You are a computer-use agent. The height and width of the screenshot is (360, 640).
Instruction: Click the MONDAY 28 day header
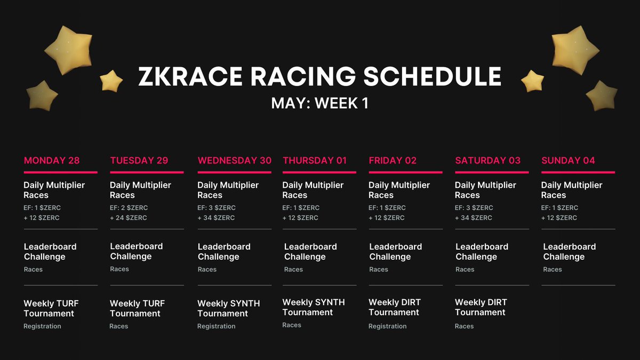(52, 161)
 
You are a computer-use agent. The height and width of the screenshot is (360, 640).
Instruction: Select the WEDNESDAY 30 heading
(234, 161)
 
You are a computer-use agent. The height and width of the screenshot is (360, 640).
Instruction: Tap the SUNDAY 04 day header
(568, 161)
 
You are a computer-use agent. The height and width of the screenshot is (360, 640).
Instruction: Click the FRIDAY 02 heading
(393, 161)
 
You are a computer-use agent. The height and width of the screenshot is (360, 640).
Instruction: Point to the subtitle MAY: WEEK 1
(319, 103)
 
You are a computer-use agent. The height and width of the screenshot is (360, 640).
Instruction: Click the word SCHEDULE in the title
(433, 76)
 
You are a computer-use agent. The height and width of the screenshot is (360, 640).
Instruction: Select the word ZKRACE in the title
(190, 76)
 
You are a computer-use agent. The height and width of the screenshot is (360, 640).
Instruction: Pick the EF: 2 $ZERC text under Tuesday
(129, 207)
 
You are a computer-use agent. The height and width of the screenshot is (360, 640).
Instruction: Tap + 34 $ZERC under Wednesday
(216, 218)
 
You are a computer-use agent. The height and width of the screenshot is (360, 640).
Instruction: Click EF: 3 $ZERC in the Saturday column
(474, 207)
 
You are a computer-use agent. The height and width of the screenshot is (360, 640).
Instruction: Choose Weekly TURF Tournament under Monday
(51, 308)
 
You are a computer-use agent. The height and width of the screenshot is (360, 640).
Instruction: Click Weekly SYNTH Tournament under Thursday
(314, 307)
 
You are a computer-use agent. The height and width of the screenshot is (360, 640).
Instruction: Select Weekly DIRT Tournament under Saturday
(481, 307)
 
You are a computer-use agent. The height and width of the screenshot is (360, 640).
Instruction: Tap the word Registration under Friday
(387, 326)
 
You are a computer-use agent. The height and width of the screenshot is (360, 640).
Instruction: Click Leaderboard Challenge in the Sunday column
(570, 252)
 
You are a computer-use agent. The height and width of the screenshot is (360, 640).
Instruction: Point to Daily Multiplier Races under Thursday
(313, 190)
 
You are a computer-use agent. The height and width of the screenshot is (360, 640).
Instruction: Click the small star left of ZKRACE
(111, 81)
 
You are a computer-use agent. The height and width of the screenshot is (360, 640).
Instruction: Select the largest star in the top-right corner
(575, 50)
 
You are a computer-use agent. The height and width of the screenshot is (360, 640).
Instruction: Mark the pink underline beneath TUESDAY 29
(147, 172)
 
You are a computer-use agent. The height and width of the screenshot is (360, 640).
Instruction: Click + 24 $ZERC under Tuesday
(129, 218)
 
